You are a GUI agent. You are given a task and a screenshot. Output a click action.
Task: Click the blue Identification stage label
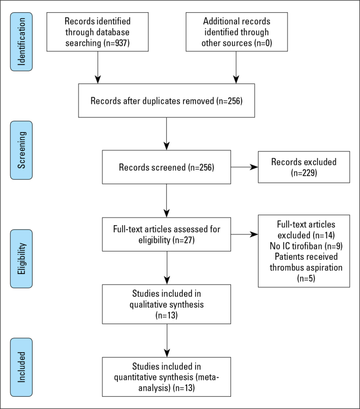21,42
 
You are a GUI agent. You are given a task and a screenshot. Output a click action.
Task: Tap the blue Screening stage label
21,150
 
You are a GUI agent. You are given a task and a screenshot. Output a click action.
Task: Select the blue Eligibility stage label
21,259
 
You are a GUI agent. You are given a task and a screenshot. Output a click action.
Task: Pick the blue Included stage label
21,367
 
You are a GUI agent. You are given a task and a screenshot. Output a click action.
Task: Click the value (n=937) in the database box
116,43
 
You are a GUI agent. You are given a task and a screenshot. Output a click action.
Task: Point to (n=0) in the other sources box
263,43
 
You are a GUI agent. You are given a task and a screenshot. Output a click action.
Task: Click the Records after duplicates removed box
167,101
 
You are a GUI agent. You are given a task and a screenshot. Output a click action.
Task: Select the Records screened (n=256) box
167,167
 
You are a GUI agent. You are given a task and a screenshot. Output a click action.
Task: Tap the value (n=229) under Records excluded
304,173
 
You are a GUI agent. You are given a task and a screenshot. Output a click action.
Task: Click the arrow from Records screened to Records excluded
244,167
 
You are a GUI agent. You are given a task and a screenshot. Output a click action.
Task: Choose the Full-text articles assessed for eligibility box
167,234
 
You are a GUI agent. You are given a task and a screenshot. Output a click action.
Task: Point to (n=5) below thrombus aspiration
306,278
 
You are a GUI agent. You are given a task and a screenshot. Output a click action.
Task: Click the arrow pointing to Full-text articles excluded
244,234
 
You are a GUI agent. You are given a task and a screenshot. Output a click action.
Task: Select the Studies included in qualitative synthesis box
167,304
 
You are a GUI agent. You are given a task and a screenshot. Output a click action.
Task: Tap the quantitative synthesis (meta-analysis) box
167,377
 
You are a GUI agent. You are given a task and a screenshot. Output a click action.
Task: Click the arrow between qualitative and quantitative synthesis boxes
167,341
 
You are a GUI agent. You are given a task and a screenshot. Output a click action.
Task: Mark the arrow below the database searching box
97,67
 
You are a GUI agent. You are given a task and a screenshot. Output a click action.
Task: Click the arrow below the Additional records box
236,67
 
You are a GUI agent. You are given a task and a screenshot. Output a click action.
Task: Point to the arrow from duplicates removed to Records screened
167,134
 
